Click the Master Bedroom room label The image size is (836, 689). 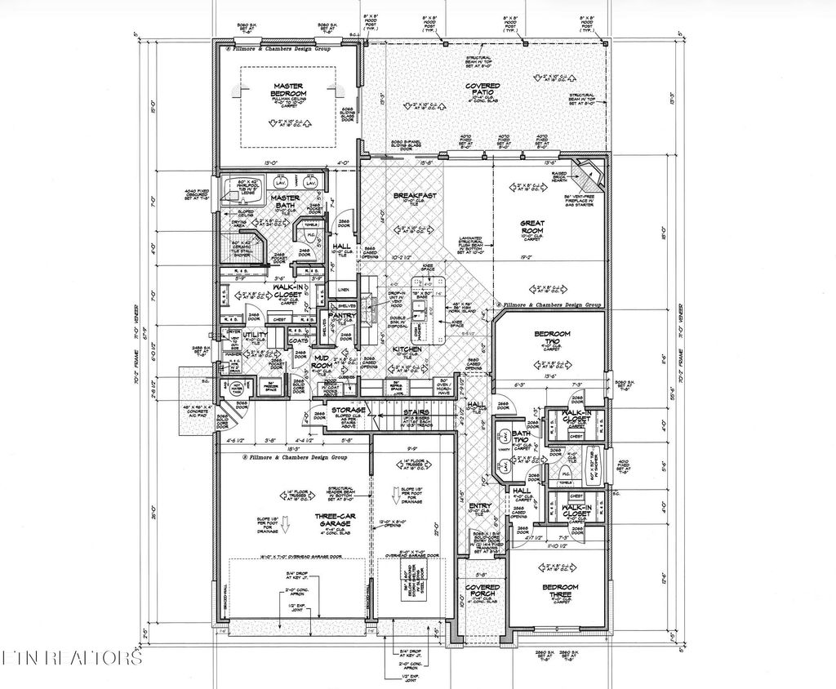(289, 90)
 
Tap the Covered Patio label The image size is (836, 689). (482, 90)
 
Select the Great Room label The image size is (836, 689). (531, 226)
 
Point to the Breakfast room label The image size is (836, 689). (414, 196)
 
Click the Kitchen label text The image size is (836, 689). (407, 349)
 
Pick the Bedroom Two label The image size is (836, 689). (552, 338)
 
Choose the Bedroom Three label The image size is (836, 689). (561, 591)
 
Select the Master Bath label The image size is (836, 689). (285, 202)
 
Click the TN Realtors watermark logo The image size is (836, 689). (72, 657)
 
